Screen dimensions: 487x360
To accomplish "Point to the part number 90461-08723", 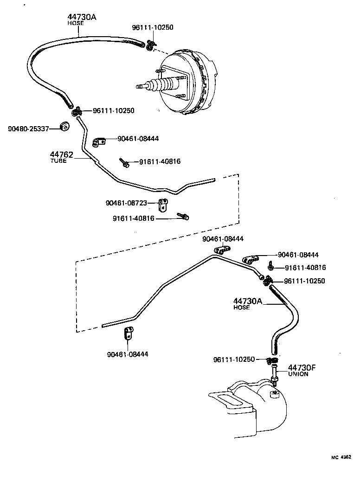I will point(126,203).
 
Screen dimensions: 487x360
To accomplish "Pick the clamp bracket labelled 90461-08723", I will point(163,205).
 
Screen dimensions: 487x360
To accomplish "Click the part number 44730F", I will point(302,367).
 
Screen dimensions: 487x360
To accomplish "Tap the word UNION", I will point(298,374).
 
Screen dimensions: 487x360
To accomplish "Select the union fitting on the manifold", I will point(274,375).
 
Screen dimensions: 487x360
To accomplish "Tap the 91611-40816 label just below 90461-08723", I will point(133,218).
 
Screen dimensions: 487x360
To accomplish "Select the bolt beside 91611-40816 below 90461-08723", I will point(183,216).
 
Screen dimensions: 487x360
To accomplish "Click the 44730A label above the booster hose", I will point(82,17).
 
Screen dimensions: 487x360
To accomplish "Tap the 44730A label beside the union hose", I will point(248,301).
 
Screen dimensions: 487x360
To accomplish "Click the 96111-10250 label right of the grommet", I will point(114,110).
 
